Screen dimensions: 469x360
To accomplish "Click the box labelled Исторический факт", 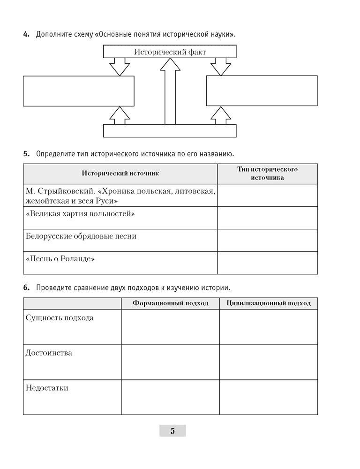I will [170, 52].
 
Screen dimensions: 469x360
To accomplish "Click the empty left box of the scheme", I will [79, 91].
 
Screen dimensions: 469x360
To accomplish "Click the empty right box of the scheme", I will [262, 91].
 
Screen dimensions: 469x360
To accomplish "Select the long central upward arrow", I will [170, 94].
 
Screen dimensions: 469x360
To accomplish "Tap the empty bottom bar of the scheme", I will [170, 131].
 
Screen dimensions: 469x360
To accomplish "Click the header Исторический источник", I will [120, 174].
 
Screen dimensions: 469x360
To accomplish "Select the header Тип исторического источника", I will [267, 174].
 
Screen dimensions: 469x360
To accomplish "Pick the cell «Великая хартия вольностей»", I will [81, 214].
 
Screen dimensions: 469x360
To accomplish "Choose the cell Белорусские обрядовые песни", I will [81, 236].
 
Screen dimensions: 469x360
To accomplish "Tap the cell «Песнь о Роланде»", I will [60, 258].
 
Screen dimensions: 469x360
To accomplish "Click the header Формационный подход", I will [170, 303].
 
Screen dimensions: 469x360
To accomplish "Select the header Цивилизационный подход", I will [268, 303].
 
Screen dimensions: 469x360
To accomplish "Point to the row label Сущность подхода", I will [60, 318].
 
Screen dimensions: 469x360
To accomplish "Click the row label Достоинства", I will [49, 353].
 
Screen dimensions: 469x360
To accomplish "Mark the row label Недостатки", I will [47, 388].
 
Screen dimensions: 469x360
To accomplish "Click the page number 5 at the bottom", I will [172, 431].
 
